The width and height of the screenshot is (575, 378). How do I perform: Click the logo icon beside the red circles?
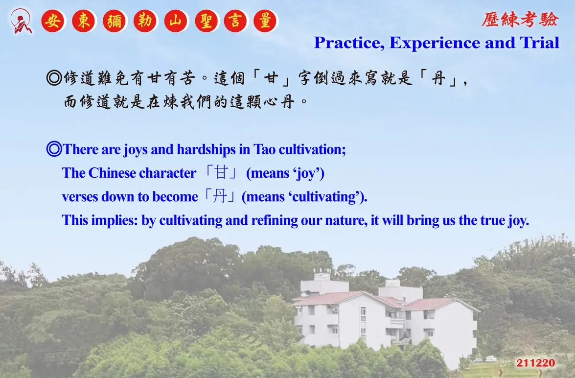(x=21, y=21)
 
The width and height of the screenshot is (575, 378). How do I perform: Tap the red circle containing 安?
(x=53, y=21)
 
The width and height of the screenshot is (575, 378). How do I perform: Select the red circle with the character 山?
(x=176, y=21)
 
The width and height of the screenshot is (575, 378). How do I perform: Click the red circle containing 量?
(x=265, y=21)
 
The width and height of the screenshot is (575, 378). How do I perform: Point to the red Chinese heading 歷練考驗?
(x=520, y=20)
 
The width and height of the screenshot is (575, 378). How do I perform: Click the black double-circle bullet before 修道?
(x=54, y=78)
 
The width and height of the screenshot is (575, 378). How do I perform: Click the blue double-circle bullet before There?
(x=54, y=149)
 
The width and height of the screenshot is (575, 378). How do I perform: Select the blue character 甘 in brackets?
(x=221, y=172)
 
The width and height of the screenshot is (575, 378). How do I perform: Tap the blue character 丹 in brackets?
(x=220, y=196)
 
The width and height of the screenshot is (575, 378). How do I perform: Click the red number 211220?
(x=536, y=363)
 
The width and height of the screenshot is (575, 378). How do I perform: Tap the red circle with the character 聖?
(x=207, y=21)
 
